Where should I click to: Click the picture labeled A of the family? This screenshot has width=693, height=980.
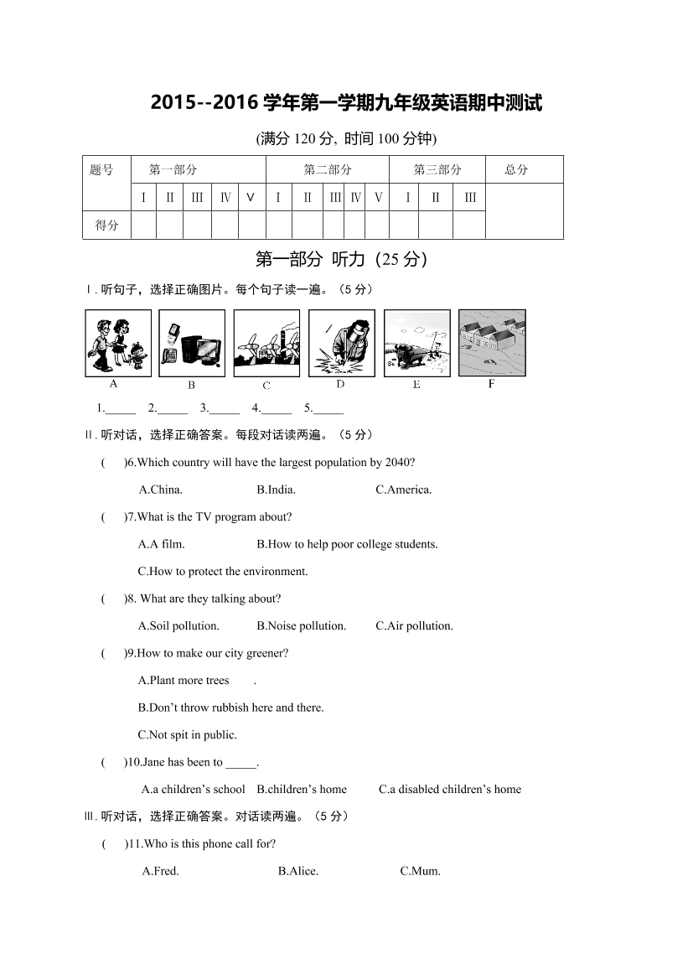(118, 344)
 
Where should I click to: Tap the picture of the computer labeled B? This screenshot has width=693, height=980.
(192, 344)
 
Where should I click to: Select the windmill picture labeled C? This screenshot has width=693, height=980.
(266, 344)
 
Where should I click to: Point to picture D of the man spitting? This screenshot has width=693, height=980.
(341, 344)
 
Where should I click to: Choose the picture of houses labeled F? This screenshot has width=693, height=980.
(492, 344)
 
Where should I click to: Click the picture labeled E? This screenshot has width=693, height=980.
(416, 344)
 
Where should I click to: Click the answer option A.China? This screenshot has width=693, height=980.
(160, 490)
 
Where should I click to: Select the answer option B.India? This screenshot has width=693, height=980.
(276, 490)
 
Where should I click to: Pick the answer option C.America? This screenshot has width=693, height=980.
(403, 490)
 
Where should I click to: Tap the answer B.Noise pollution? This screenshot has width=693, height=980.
(301, 625)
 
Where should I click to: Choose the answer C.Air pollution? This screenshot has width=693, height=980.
(414, 625)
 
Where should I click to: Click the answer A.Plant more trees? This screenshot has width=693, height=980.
(184, 680)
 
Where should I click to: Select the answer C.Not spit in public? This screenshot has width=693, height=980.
(187, 734)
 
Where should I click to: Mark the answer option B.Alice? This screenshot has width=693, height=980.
(297, 871)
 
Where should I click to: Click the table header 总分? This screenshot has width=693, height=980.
(517, 169)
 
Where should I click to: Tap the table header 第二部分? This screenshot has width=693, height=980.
(327, 169)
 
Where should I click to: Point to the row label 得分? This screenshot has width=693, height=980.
(107, 225)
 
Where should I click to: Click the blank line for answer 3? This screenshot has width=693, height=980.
(225, 409)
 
